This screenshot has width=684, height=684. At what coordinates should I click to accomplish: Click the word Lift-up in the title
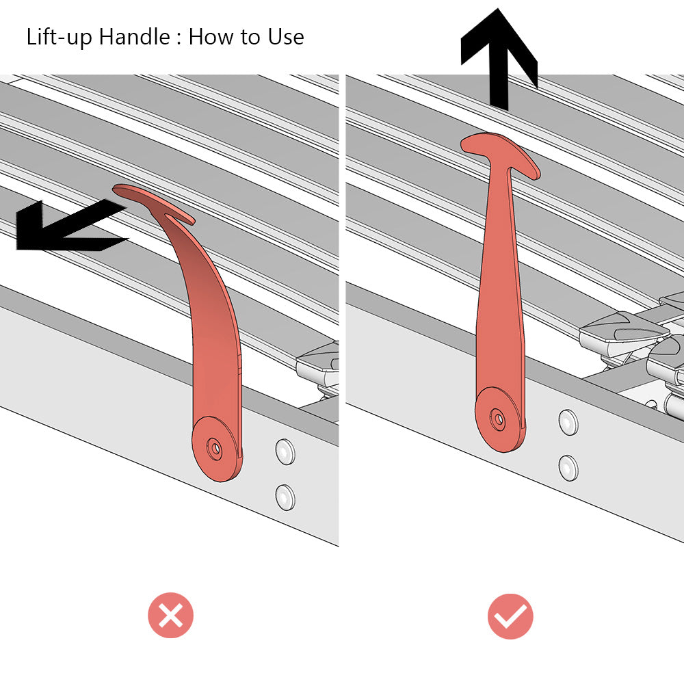tap(59, 37)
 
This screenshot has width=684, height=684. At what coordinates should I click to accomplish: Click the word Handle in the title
tap(134, 36)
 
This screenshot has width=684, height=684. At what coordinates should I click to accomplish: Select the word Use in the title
tap(286, 37)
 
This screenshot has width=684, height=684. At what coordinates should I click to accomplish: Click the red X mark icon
tap(170, 615)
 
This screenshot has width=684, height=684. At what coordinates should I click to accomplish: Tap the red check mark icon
tap(510, 616)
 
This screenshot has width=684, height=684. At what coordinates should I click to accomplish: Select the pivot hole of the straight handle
tap(497, 419)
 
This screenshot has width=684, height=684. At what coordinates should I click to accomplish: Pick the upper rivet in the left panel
tap(285, 451)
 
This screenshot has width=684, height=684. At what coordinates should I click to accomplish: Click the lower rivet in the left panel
tap(285, 497)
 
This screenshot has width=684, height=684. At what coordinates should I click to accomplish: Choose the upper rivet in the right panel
tap(568, 422)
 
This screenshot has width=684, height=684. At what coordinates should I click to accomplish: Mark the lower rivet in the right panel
tap(568, 468)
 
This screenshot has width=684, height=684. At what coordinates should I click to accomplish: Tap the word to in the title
tap(248, 38)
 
